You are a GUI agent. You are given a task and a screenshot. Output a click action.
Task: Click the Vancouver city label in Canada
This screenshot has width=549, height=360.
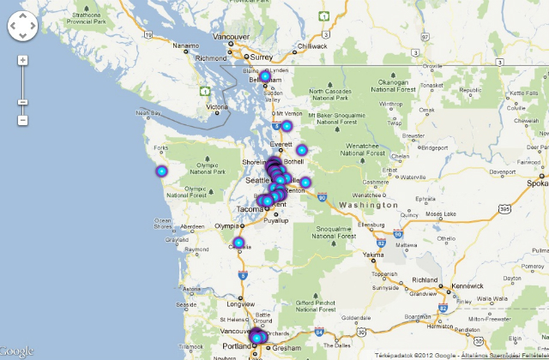pos(231,37)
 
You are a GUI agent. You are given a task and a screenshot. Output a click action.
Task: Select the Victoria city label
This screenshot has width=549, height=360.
pos(217,107)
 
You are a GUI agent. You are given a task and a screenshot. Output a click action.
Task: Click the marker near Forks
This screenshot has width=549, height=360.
pos(161,171)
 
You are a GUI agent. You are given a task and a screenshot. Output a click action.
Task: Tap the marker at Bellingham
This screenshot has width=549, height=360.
pos(265,77)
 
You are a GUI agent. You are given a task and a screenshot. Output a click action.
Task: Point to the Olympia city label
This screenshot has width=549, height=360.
pos(226,226)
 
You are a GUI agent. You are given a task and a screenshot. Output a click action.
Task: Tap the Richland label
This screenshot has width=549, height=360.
pos(425,280)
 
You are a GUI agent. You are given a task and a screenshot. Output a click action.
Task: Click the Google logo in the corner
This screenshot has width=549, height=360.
pos(17,351)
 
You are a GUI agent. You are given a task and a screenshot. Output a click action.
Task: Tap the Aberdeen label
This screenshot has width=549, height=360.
pos(191,226)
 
